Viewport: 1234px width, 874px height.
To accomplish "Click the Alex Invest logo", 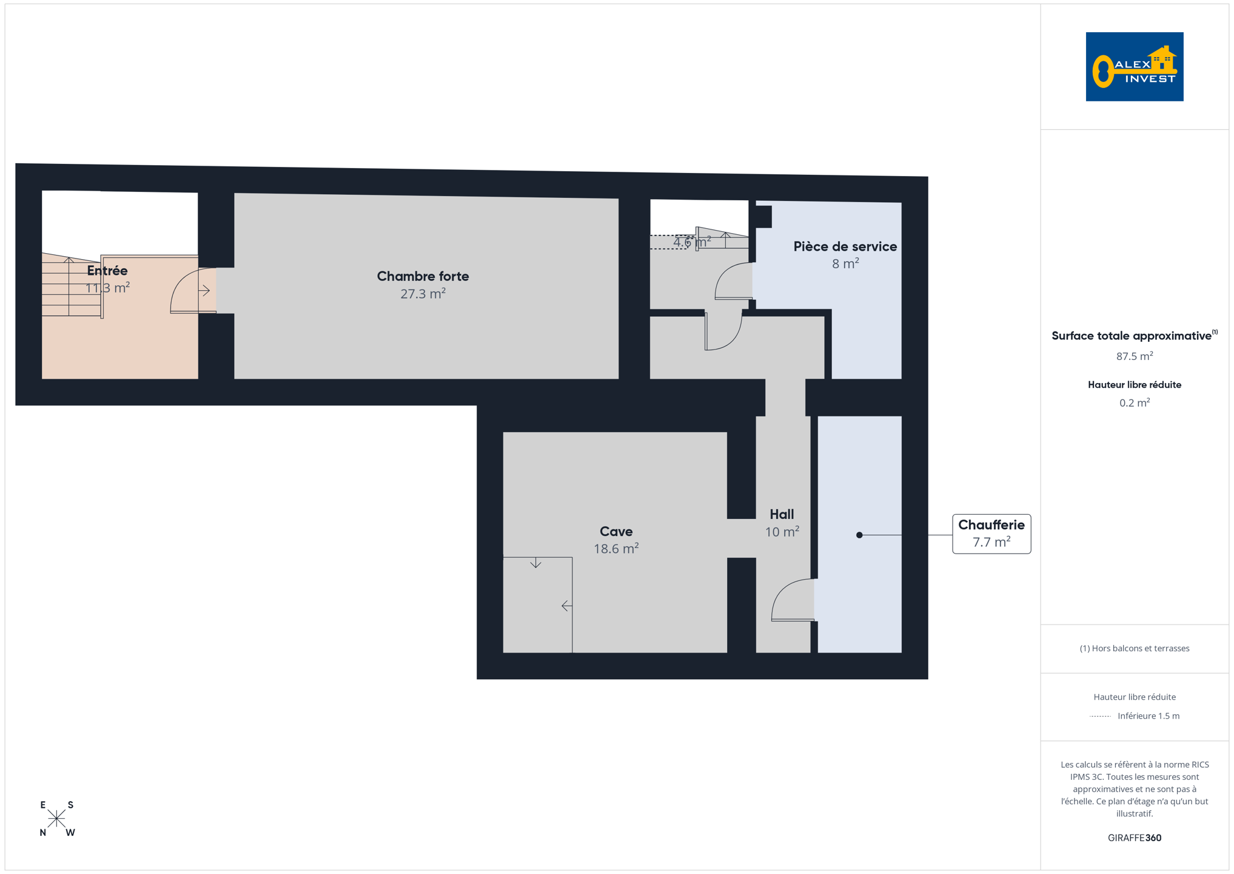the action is tap(1134, 67).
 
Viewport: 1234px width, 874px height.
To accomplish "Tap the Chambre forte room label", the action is tap(423, 276).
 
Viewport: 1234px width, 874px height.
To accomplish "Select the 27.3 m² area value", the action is tap(423, 294).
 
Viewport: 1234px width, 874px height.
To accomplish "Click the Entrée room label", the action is tap(107, 270).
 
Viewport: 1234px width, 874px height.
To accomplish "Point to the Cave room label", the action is tap(616, 531).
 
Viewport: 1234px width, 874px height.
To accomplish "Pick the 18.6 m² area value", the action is tap(616, 549).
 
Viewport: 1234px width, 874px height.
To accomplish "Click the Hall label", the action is tap(782, 514).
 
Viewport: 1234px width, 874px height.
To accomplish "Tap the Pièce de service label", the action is tap(845, 246).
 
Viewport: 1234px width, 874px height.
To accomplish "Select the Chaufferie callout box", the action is tap(991, 534).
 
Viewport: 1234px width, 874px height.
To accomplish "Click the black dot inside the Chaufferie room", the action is tap(859, 535).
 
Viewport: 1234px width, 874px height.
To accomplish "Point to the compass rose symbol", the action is tap(56, 819).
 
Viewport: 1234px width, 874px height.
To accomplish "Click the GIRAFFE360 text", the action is tap(1135, 838).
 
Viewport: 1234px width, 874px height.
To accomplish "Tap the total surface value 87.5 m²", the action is tap(1135, 356).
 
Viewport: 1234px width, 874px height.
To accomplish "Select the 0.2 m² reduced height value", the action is tap(1135, 403).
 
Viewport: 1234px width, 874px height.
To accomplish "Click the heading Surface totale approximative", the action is tap(1132, 336).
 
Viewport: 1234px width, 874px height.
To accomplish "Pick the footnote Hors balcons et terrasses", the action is tap(1135, 648).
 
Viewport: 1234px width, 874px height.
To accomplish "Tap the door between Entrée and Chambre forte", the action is tap(193, 291).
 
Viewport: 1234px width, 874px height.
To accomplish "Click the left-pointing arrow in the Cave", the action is tap(566, 606).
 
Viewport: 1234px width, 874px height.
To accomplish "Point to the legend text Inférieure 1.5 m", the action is tap(1148, 716).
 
